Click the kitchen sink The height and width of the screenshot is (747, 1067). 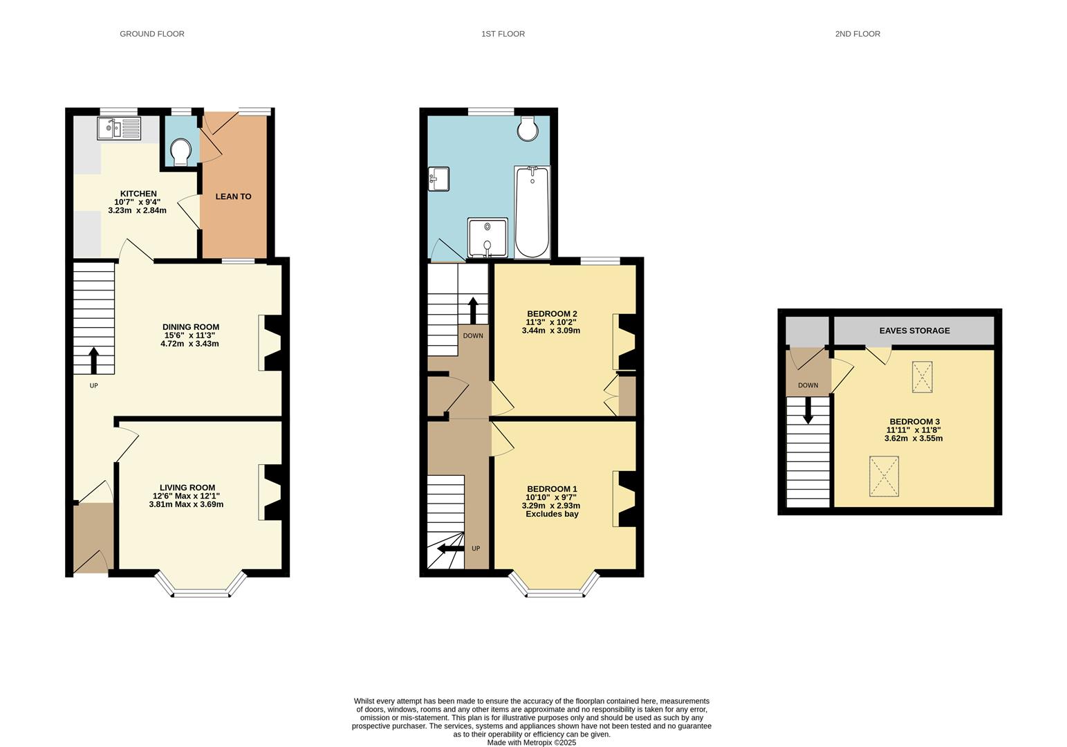click(119, 129)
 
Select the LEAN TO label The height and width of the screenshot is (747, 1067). click(233, 196)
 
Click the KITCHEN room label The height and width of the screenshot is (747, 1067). click(138, 194)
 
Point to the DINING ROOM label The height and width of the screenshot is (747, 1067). click(191, 327)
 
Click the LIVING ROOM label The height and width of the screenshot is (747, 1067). click(187, 488)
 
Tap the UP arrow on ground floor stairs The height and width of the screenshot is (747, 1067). click(93, 360)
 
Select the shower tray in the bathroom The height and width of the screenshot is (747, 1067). click(488, 237)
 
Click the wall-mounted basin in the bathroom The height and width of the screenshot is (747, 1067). click(438, 178)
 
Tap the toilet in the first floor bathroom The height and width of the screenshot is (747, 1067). click(528, 128)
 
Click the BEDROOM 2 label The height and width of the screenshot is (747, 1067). click(552, 314)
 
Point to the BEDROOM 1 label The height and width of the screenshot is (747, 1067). click(551, 489)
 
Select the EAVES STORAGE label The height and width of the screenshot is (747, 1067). click(914, 331)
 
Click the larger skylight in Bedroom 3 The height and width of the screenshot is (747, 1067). click(884, 476)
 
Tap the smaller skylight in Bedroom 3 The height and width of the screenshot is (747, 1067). click(922, 377)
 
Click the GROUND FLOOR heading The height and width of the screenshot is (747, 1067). click(152, 34)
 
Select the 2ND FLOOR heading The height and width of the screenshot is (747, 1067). click(857, 34)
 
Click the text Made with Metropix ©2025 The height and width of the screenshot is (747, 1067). click(531, 743)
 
